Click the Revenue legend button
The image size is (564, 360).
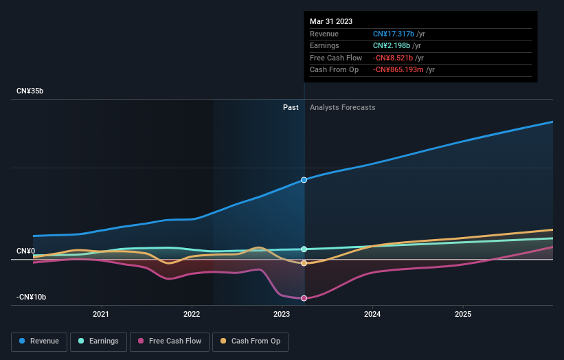(39, 341)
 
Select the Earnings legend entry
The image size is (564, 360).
(98, 341)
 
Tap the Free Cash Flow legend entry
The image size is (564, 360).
(170, 341)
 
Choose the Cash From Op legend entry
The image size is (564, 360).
(250, 341)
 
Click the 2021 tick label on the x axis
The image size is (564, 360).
(101, 314)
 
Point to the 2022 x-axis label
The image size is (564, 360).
(192, 314)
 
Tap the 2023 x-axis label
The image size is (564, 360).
(282, 314)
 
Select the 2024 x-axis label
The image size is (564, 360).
(372, 314)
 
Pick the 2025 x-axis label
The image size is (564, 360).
(463, 314)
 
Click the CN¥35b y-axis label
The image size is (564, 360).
(30, 91)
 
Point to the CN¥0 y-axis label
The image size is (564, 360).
(26, 251)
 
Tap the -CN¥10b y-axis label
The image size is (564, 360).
(32, 297)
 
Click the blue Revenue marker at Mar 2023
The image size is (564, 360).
(304, 180)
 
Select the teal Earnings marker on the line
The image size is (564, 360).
(304, 249)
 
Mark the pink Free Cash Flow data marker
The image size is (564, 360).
(304, 298)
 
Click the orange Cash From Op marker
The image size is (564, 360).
(304, 263)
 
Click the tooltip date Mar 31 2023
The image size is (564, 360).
(331, 21)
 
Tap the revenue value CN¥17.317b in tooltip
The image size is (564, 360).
(394, 34)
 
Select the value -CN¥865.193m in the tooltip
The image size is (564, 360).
(398, 70)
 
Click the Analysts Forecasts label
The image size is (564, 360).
(342, 107)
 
